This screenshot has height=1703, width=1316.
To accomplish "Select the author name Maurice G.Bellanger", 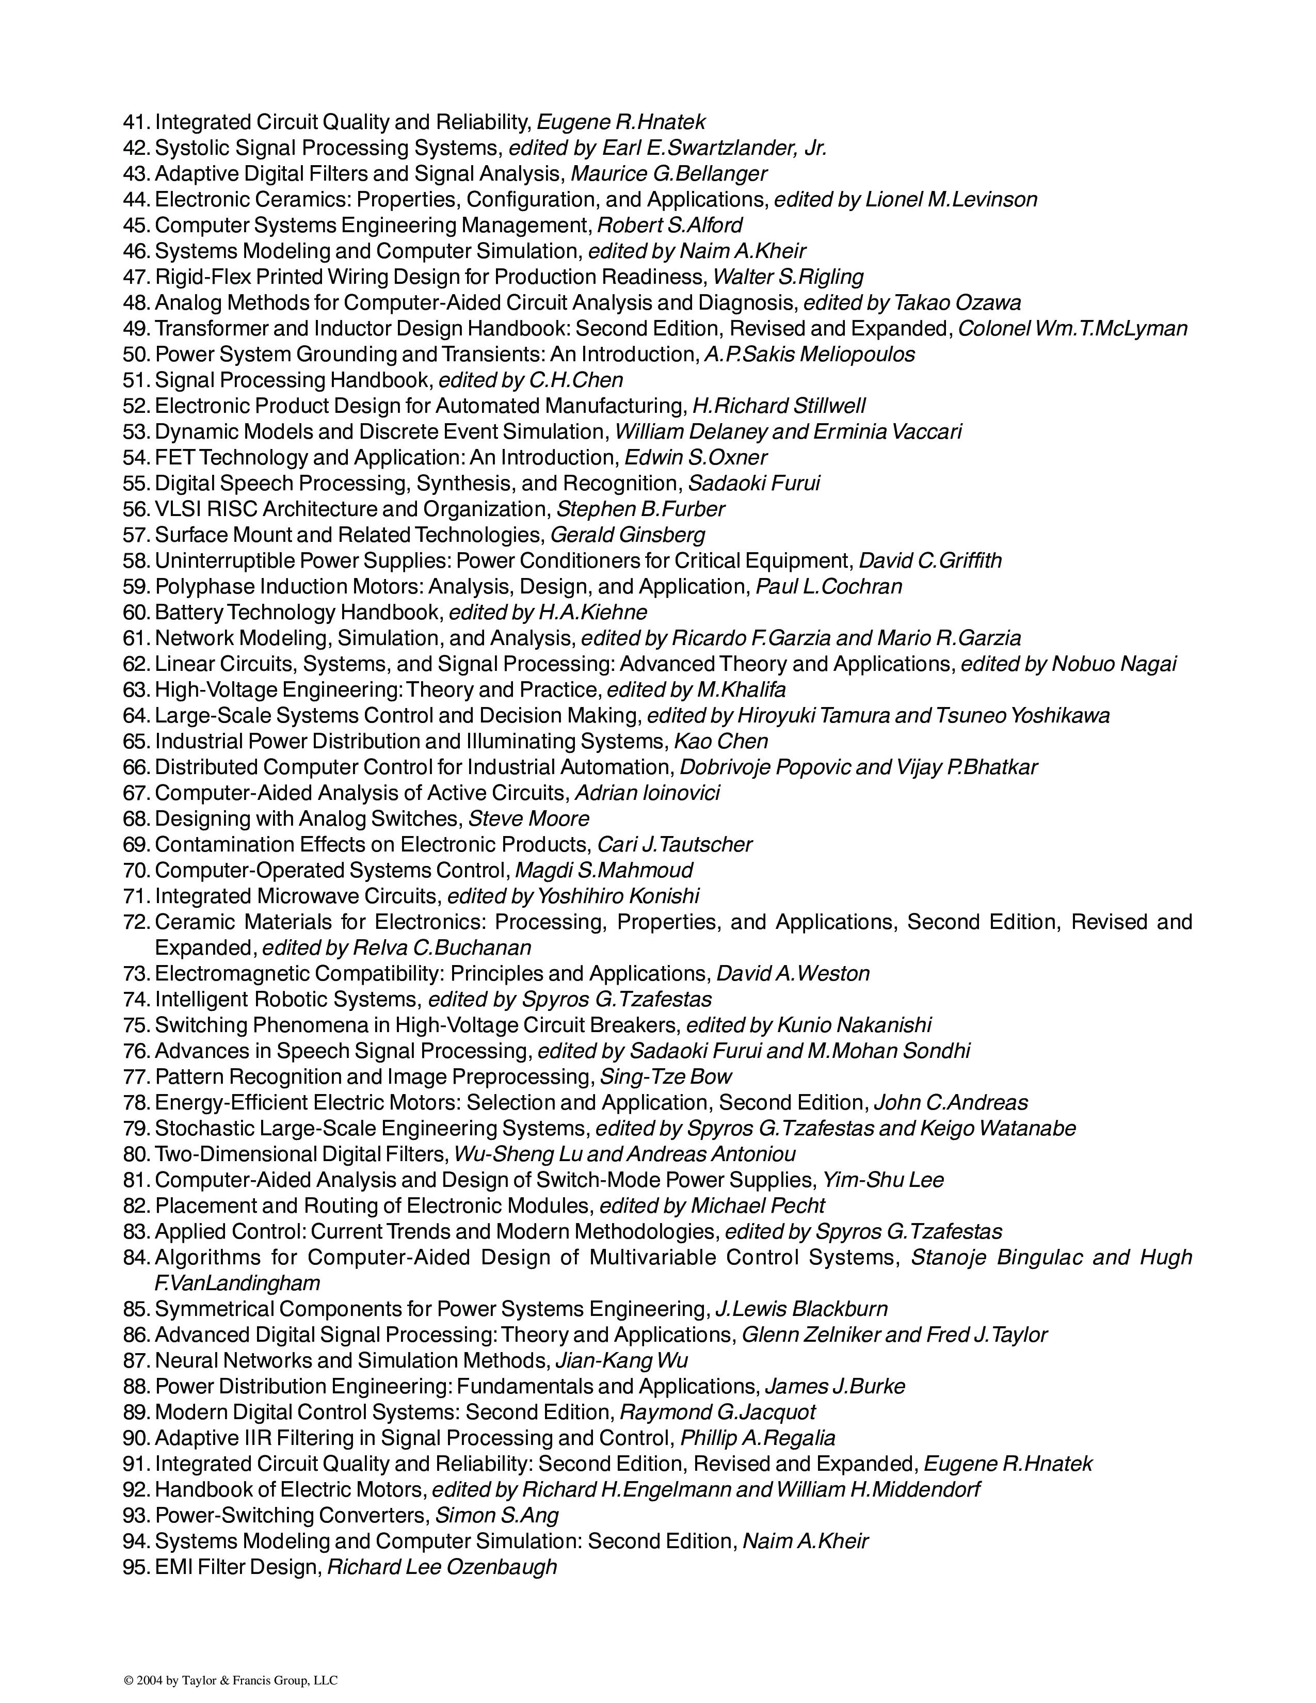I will tap(668, 174).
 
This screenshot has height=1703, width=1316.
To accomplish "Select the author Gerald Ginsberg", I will tap(627, 535).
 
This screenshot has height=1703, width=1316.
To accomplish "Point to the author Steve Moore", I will tap(528, 819).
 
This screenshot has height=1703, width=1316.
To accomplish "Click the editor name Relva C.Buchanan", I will tap(441, 947).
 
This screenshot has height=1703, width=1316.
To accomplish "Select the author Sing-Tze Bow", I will tap(665, 1077).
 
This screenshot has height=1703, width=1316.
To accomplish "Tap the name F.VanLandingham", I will tap(237, 1283).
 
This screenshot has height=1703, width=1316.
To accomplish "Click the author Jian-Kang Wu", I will tap(620, 1361).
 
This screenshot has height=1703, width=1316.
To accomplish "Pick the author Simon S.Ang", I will tap(496, 1515).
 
